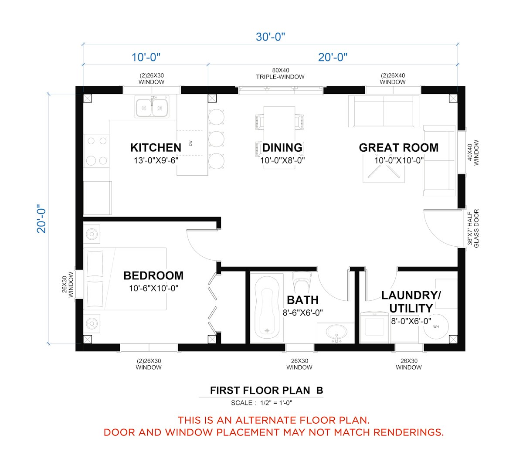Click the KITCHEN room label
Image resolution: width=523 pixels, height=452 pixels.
pos(156,148)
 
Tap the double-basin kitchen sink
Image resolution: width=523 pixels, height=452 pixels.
pos(152,106)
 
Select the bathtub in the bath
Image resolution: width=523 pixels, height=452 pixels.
pos(267,307)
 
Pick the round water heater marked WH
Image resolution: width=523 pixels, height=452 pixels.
pos(436,326)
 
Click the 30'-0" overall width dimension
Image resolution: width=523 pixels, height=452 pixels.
pos(270,37)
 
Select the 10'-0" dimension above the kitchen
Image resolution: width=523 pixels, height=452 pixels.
pos(146,57)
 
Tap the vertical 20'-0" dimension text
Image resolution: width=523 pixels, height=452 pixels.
pos(41,219)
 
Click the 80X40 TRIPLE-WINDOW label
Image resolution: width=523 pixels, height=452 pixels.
pos(280,73)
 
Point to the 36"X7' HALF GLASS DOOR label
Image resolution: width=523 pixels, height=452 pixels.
pos(473,228)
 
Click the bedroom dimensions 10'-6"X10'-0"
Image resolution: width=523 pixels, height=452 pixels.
pos(153,288)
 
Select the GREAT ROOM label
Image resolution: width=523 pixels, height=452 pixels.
pos(398,148)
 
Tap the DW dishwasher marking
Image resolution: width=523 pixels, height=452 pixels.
pos(190,143)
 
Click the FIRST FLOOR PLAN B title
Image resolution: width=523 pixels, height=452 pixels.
pos(267,391)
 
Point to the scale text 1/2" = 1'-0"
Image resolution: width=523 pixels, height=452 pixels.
pos(276,403)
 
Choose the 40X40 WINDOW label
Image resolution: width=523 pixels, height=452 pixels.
pos(473,153)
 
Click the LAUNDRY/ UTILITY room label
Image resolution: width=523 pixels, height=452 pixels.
pos(411,302)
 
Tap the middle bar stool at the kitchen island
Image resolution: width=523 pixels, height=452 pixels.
pos(216,139)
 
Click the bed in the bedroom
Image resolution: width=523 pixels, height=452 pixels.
pos(125,279)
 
